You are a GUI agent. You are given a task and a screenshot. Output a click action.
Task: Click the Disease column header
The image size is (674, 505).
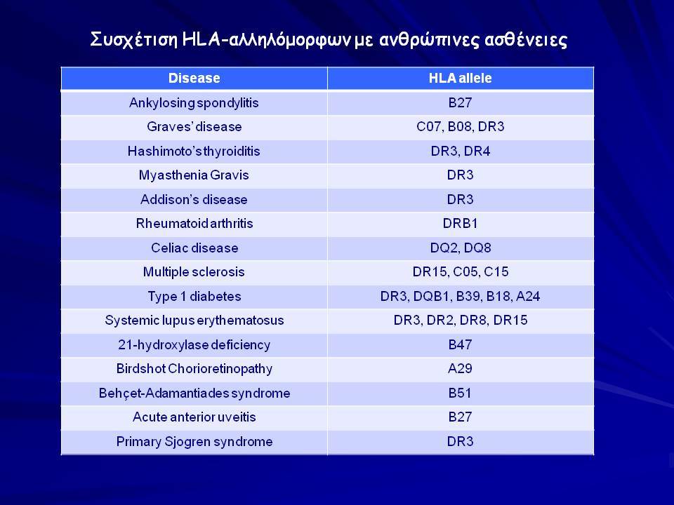[x=194, y=78]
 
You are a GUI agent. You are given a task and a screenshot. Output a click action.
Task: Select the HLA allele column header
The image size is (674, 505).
[x=460, y=78]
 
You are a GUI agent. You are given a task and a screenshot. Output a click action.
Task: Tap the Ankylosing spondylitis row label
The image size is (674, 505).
[x=194, y=103]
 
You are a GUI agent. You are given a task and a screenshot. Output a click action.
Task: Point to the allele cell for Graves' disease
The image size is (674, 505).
[x=461, y=127]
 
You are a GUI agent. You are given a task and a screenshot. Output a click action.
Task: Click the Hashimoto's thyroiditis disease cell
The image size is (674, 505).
[x=194, y=151]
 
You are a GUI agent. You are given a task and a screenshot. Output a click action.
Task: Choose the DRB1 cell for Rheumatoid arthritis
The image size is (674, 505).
[x=460, y=223]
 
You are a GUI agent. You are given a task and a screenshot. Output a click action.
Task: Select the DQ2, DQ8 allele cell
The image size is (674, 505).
[x=461, y=248]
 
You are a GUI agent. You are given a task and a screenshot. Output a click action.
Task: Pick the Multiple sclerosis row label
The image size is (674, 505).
[x=194, y=272]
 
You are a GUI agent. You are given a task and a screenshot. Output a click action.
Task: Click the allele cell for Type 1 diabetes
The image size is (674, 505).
[x=460, y=296]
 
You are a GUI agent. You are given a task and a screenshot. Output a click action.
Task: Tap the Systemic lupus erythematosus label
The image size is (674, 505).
[x=194, y=321]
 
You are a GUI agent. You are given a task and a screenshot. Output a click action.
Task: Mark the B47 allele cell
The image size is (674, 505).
[x=460, y=344]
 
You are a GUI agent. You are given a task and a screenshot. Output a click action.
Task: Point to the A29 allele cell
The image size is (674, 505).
[x=460, y=368]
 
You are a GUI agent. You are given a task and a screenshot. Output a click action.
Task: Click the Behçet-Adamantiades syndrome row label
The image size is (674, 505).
[x=194, y=393]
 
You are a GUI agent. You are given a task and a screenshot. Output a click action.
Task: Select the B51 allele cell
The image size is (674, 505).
[x=460, y=393]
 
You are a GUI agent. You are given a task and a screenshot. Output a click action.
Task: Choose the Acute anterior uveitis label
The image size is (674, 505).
[x=194, y=417]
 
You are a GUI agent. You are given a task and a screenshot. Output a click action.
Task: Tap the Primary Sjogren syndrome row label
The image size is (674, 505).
[x=194, y=441]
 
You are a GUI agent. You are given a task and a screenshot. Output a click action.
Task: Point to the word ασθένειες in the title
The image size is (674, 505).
[x=526, y=40]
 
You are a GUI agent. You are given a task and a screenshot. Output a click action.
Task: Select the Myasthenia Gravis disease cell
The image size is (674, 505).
[x=194, y=175]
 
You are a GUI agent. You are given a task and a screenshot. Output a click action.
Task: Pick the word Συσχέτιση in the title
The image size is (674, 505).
[x=134, y=40]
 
